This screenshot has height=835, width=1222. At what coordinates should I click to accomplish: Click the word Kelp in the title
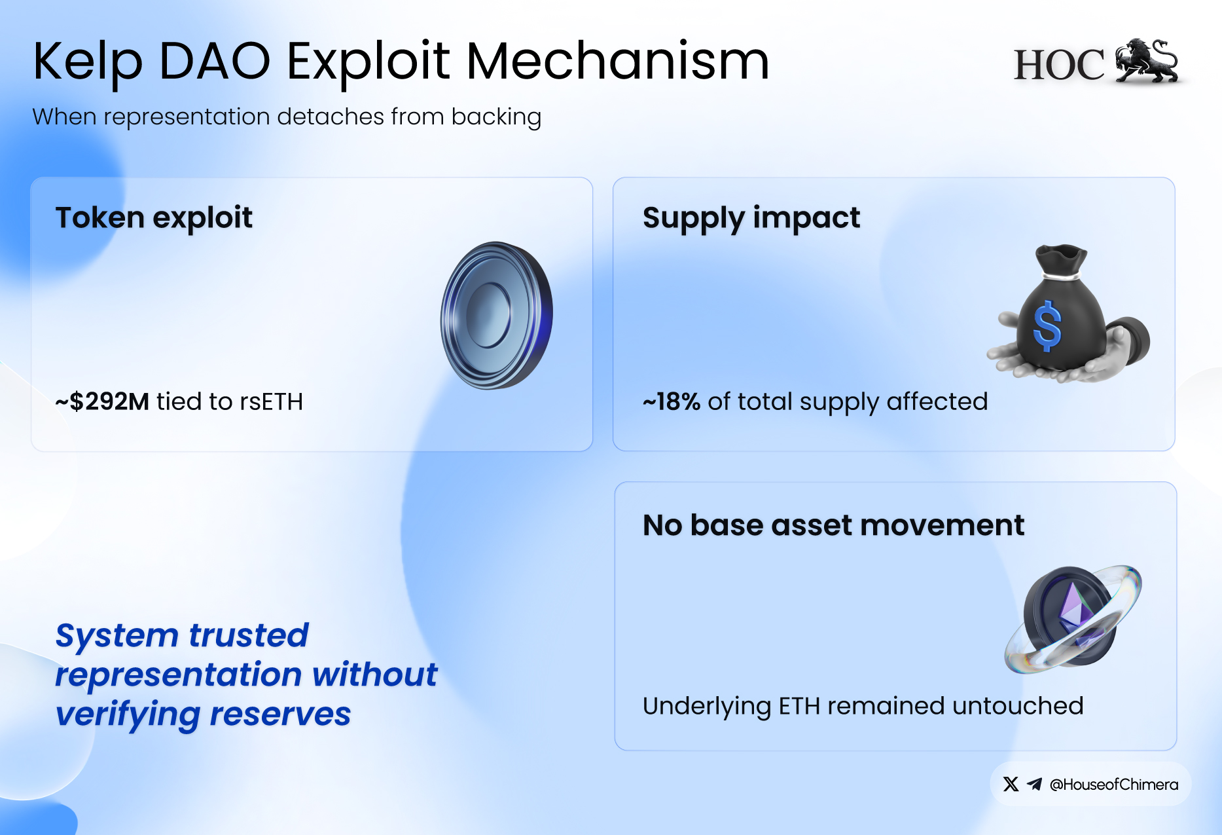[88, 63]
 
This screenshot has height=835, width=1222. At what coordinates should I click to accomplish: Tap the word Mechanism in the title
[617, 61]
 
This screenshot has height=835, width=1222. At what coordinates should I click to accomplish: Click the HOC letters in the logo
[1058, 65]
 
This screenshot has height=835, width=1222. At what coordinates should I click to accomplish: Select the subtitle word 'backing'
[496, 117]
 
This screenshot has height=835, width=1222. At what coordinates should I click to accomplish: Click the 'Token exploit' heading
[154, 217]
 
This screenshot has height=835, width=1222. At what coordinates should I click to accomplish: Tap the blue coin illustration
[497, 315]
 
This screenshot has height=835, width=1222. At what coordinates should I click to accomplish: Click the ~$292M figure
[102, 401]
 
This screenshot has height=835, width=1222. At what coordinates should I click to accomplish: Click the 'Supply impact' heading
[751, 219]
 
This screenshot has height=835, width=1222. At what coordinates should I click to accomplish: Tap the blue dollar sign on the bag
[1047, 325]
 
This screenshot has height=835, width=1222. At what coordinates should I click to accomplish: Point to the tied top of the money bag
[1061, 261]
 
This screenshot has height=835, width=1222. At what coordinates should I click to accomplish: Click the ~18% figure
[672, 401]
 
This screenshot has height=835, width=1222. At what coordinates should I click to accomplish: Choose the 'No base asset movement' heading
[833, 525]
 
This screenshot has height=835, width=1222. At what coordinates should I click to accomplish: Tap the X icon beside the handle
[1011, 784]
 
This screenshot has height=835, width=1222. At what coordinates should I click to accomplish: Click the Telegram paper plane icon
[1034, 784]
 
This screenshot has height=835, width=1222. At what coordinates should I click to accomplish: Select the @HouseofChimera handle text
[1114, 785]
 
